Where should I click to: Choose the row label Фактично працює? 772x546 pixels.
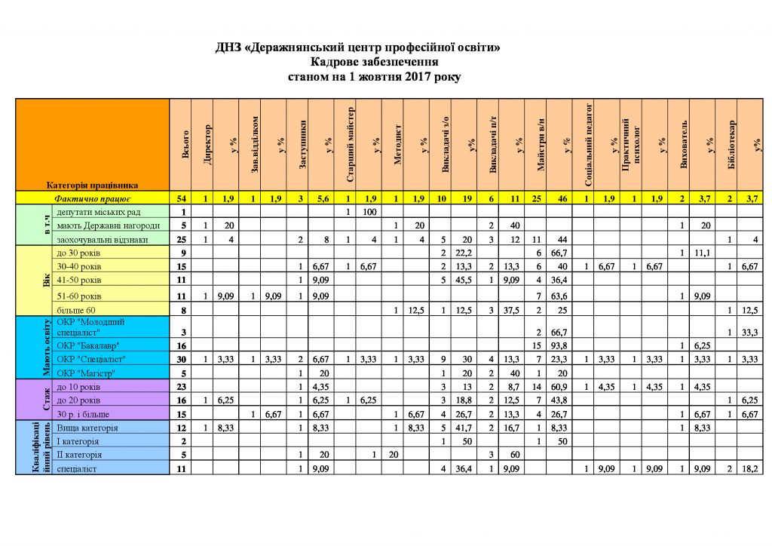(86, 198)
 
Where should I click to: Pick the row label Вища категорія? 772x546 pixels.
(87, 428)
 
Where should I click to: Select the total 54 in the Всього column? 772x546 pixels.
(182, 198)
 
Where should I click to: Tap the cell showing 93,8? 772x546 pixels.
(562, 345)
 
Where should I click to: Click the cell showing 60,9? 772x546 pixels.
(562, 386)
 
